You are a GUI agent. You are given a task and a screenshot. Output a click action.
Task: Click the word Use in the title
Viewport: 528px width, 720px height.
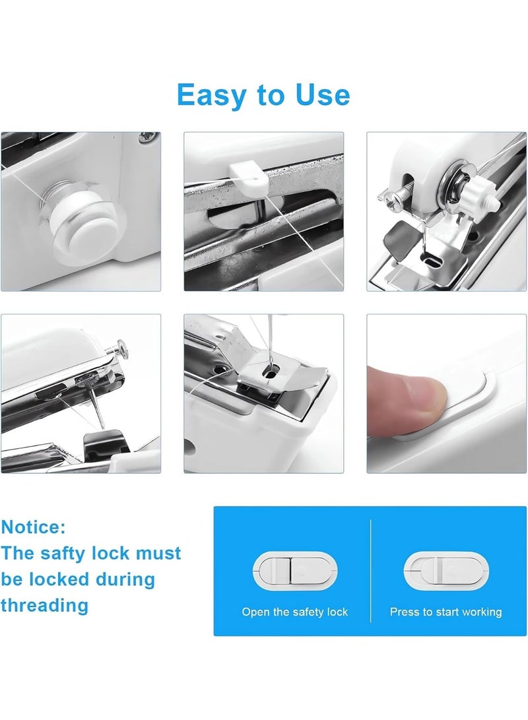coord(319,95)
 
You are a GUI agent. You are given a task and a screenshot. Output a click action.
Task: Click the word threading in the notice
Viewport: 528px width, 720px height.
coord(44,605)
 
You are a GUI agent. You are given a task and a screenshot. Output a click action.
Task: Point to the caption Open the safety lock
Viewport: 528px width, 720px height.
coord(294,612)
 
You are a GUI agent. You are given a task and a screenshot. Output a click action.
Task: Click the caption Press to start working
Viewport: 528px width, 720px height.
coord(445,612)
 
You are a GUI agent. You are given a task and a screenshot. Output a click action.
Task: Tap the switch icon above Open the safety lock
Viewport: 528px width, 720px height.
coord(295,572)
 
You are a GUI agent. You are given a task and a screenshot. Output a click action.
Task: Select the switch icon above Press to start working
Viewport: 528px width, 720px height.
coord(445,572)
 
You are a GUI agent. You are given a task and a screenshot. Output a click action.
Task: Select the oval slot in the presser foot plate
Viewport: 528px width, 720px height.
coord(270,374)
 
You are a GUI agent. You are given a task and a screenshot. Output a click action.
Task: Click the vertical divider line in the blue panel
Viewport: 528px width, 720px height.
coord(370,570)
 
